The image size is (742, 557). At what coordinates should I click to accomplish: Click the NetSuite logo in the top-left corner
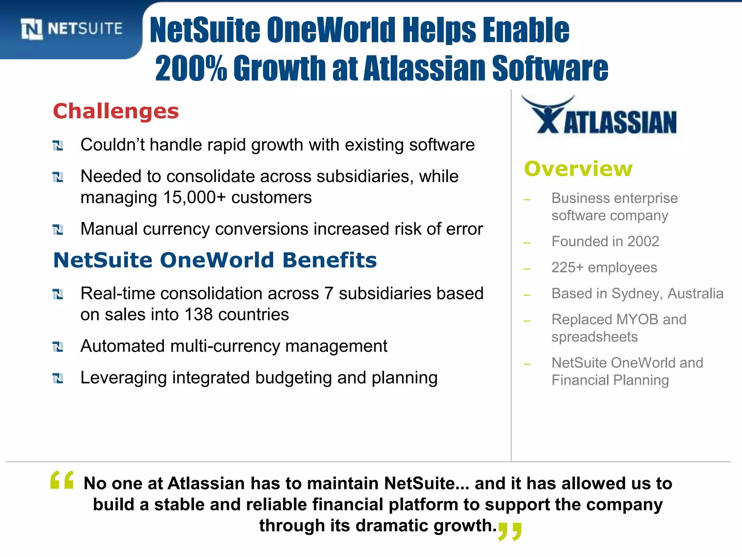point(71,29)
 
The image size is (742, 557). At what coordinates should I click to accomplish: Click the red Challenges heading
point(116,111)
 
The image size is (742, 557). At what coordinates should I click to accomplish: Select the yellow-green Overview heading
point(578,169)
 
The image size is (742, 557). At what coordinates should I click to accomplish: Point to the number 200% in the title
point(191,68)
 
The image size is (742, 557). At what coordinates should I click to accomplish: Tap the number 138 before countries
point(199,314)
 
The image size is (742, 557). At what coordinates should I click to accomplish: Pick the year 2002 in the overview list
point(643,242)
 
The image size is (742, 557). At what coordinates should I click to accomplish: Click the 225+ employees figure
point(567,268)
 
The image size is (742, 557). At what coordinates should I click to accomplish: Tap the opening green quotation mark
point(62,480)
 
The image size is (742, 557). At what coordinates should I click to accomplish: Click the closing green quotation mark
point(510,531)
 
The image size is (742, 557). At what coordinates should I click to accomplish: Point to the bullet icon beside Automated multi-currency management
point(58,347)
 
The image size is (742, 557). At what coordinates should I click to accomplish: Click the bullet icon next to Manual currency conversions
point(58,230)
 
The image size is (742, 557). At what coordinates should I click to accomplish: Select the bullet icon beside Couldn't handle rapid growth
point(58,145)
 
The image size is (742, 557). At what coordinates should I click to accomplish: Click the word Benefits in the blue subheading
point(329,260)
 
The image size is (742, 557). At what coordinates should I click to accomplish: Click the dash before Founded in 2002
point(527,243)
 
